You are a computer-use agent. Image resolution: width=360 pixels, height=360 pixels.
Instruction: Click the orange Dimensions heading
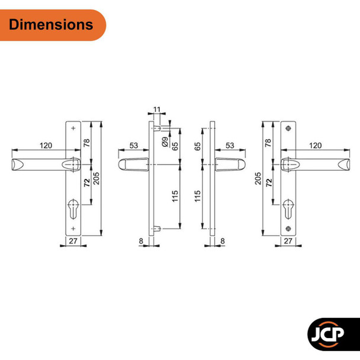[52, 24]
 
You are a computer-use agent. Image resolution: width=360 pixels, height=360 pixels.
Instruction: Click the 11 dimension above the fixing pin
[157, 110]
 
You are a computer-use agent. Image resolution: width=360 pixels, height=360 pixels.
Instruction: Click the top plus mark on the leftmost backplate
[73, 128]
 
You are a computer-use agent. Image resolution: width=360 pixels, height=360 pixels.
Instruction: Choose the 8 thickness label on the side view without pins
[222, 242]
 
